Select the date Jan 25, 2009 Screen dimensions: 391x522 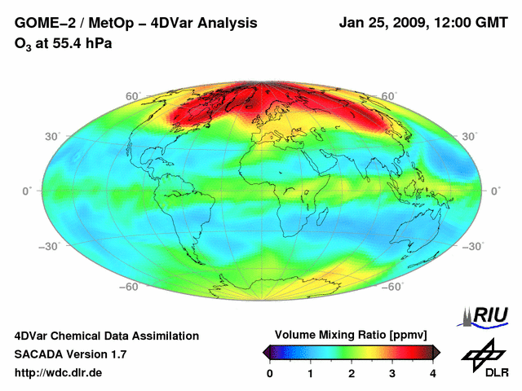point(380,24)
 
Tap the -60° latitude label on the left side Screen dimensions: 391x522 point(129,286)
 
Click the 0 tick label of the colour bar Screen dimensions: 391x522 point(270,374)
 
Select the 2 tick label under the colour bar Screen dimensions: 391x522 point(352,374)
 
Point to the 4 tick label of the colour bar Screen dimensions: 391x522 point(433,374)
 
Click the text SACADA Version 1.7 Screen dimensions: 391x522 point(70,354)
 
